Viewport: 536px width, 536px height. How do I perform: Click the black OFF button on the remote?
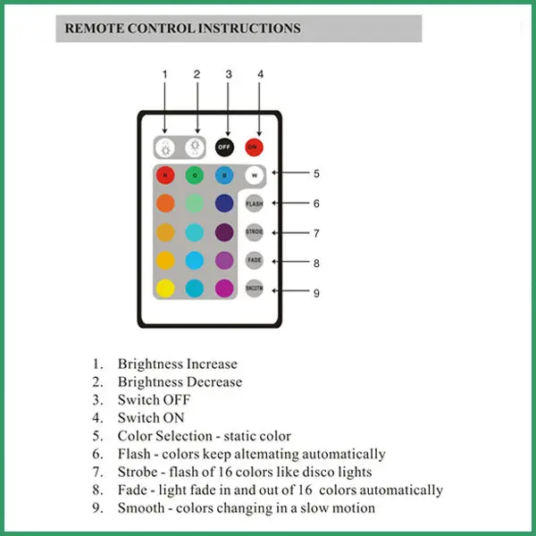[224, 146]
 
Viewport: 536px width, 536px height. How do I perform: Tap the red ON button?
[254, 146]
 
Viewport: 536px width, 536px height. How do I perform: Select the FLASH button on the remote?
[255, 203]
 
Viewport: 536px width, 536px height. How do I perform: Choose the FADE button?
[255, 260]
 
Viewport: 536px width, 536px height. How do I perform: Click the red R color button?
[165, 175]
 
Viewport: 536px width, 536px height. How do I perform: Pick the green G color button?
[195, 175]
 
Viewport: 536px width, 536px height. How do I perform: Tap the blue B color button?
[224, 175]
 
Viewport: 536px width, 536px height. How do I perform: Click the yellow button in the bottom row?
[165, 289]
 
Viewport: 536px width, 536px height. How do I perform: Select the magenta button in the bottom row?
[224, 289]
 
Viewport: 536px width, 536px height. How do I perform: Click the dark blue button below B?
[224, 203]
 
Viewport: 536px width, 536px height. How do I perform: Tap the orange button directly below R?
[165, 203]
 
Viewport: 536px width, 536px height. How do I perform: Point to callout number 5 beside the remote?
[316, 173]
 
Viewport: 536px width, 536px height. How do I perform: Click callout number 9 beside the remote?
[316, 292]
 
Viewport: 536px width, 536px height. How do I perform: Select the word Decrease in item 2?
[214, 381]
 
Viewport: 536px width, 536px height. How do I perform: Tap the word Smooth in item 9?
[140, 507]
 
